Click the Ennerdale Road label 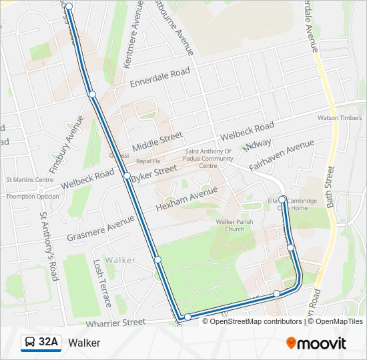tap(160, 77)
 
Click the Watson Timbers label tap(340, 118)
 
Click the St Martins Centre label tap(29, 179)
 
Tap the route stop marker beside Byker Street tap(127, 176)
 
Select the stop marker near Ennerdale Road tap(93, 94)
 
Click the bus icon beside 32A tap(29, 343)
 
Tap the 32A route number tap(48, 343)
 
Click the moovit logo tap(316, 343)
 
